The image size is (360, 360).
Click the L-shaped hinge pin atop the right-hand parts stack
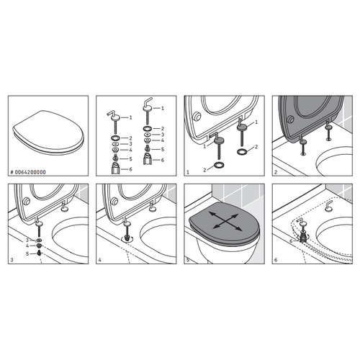(x=149, y=107)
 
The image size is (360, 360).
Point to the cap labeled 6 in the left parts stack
(x=115, y=168)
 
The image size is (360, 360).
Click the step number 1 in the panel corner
(x=188, y=174)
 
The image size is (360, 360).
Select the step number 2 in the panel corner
(x=275, y=174)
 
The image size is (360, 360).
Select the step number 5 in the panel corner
(x=188, y=261)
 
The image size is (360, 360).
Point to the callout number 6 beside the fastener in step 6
(x=291, y=242)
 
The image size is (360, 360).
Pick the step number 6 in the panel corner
(x=275, y=261)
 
